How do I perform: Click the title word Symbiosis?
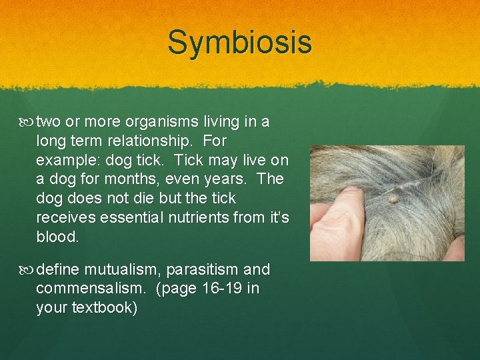[239, 43]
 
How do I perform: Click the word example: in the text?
[67, 161]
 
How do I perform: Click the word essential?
[122, 218]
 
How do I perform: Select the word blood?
[57, 237]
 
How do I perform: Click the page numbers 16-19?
[224, 289]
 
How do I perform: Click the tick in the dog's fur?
[393, 198]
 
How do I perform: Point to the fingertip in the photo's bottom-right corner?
[455, 249]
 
